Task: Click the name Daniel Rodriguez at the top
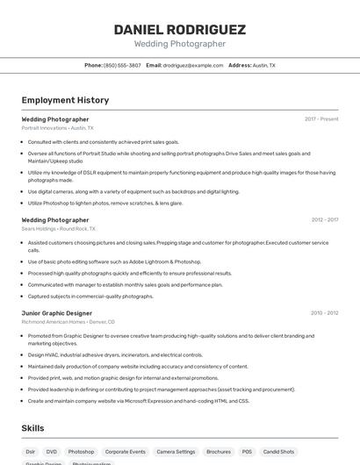[179, 29]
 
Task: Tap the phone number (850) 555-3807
[122, 65]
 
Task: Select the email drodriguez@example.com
[193, 65]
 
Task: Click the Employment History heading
[65, 100]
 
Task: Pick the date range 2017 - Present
[321, 118]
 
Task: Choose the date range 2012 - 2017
[324, 219]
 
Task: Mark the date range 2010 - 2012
[324, 312]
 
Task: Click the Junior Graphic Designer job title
[56, 312]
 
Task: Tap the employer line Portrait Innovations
[57, 127]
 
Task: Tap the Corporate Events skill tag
[126, 451]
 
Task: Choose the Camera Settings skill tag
[176, 451]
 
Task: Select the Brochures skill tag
[219, 451]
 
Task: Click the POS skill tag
[248, 451]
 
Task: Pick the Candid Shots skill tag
[279, 451]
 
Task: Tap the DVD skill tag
[52, 451]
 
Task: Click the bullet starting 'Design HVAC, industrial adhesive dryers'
[115, 354]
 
